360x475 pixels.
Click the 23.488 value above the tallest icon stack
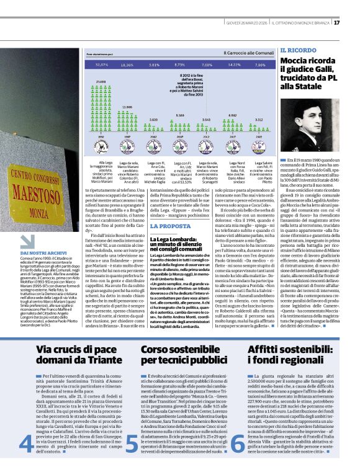click(101, 81)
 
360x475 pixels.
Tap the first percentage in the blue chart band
click(101, 64)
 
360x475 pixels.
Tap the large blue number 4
click(27, 442)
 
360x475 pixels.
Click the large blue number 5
click(132, 442)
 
